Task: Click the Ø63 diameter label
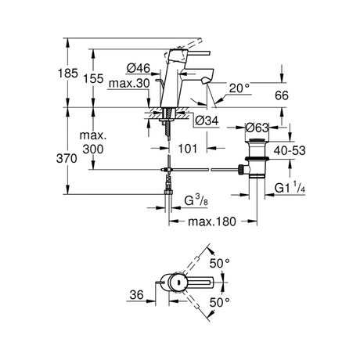click(x=258, y=127)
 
